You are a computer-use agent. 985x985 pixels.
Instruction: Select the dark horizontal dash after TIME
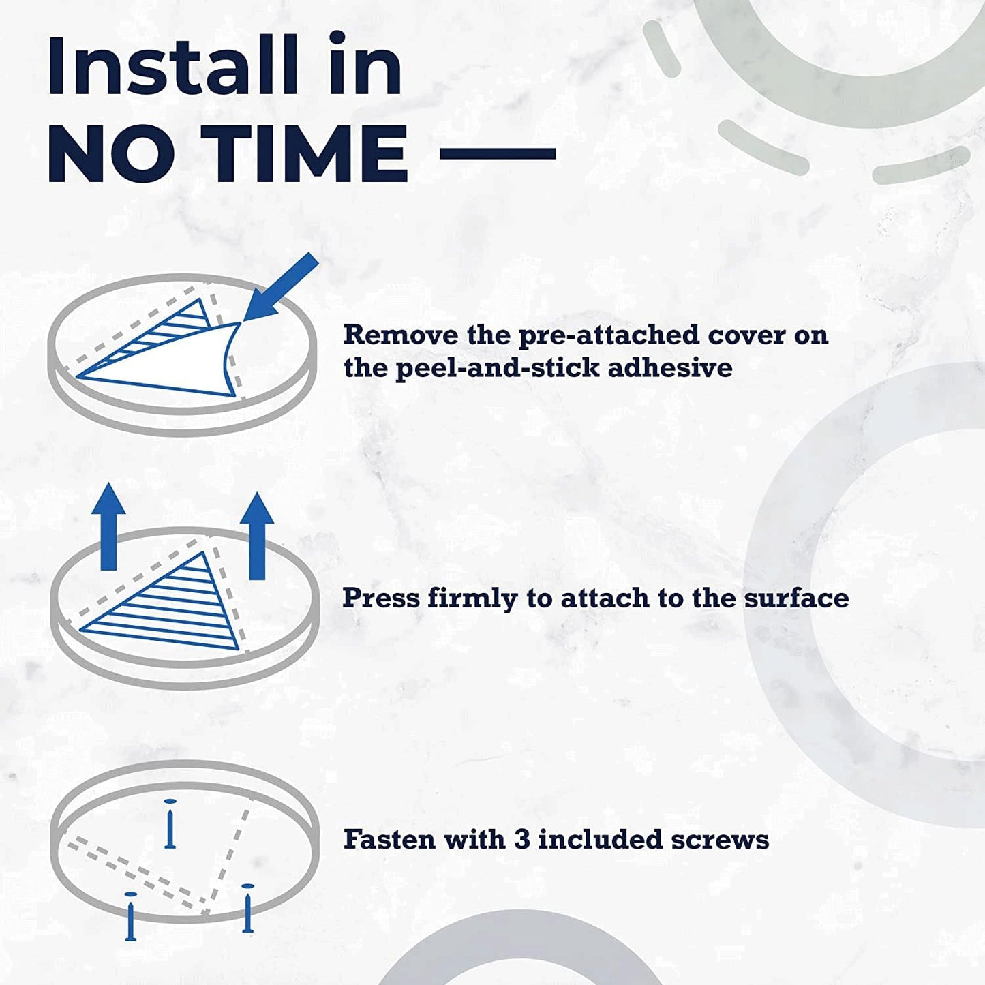click(x=498, y=153)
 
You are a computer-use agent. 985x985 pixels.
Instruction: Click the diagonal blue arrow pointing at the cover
click(x=281, y=287)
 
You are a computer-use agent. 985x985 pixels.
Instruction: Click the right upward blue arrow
click(x=257, y=536)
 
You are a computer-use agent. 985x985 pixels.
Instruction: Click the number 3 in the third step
click(x=521, y=840)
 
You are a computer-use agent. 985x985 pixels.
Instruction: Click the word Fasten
click(x=389, y=839)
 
